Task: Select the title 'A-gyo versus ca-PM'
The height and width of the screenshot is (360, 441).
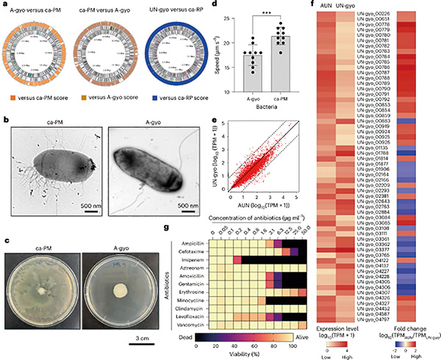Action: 45,7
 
